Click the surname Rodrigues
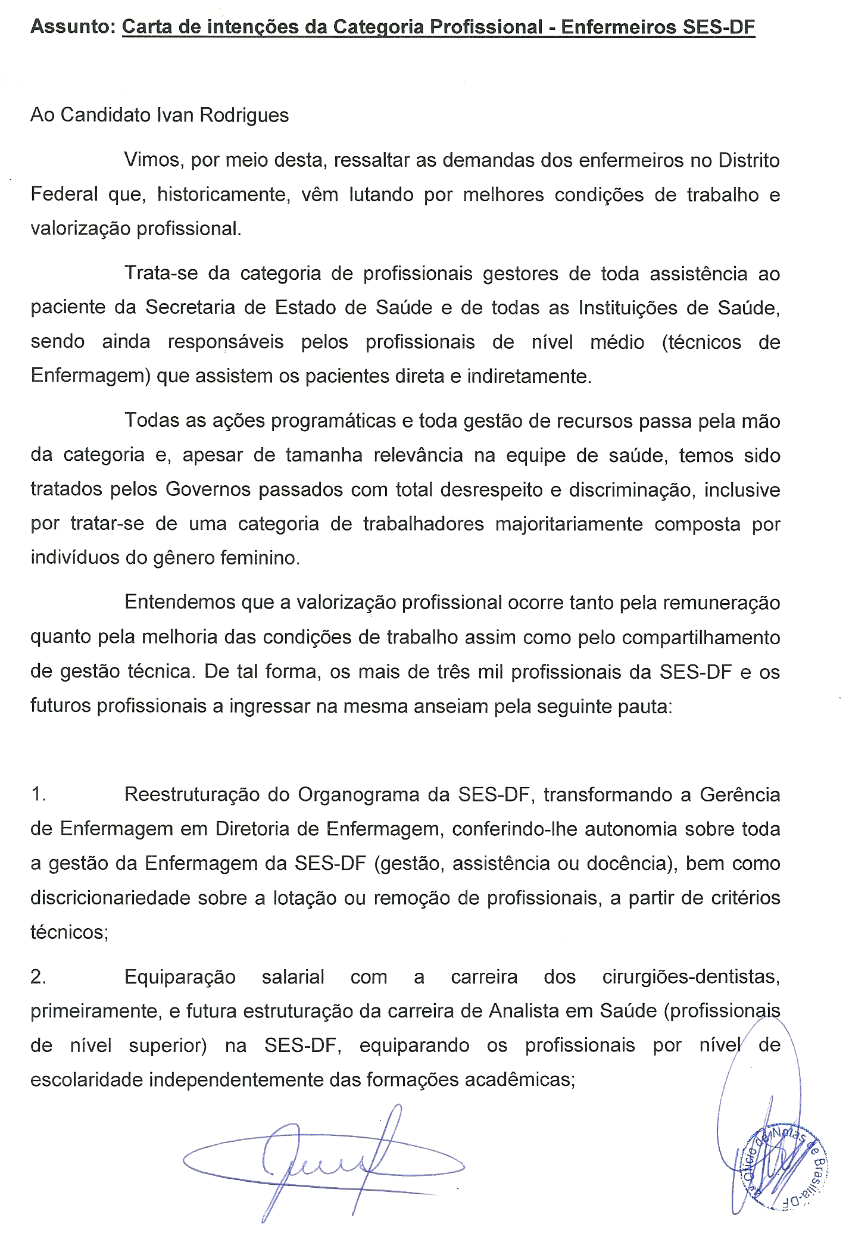point(244,116)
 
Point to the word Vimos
point(152,161)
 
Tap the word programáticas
point(333,422)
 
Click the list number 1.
point(38,795)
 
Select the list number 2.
point(38,978)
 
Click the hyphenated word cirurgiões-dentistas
point(691,978)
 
